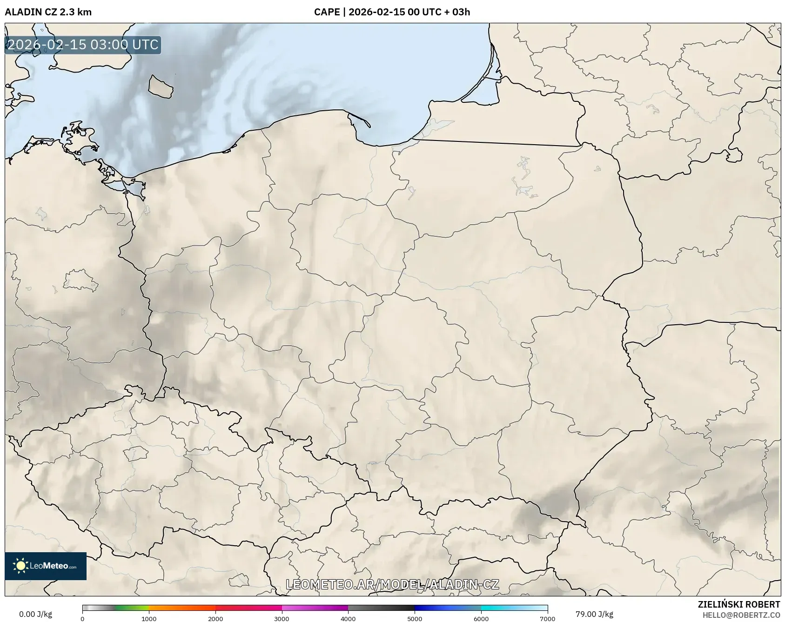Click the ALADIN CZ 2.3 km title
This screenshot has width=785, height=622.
click(x=48, y=12)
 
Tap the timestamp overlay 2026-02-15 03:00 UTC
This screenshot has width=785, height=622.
click(x=83, y=45)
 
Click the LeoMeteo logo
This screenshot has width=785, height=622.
click(x=46, y=566)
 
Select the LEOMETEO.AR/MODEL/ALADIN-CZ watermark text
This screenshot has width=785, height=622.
click(x=392, y=584)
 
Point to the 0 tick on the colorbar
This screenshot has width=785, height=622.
click(x=83, y=618)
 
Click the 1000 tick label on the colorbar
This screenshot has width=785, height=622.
click(x=149, y=618)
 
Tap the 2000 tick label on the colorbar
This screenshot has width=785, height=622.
click(x=215, y=618)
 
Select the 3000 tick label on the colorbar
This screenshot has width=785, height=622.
click(x=282, y=618)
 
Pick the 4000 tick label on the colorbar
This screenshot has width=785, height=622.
click(x=348, y=618)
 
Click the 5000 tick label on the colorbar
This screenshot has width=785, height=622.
click(x=415, y=618)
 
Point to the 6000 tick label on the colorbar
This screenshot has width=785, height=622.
click(x=481, y=618)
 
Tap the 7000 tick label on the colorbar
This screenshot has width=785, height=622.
click(x=547, y=618)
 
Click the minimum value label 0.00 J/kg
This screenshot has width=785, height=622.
click(x=35, y=614)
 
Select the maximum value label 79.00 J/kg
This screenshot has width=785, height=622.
click(x=594, y=614)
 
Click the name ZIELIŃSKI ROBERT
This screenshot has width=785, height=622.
click(x=739, y=604)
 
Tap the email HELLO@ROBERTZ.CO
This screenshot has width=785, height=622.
click(x=741, y=615)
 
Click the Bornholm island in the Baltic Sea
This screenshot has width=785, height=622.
click(x=161, y=87)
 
